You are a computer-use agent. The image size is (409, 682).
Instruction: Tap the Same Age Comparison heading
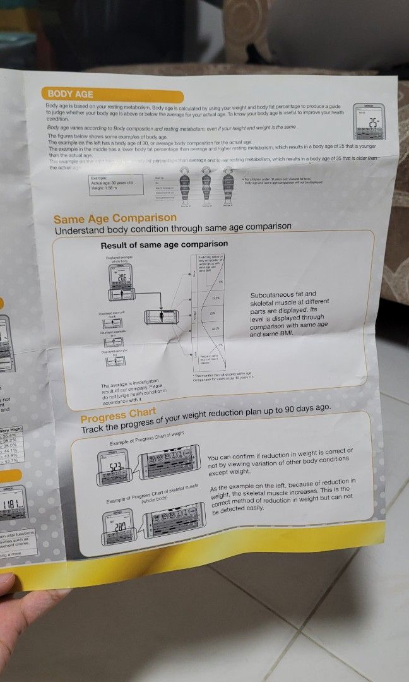[x=115, y=218]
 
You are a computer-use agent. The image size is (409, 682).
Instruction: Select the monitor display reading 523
[x=115, y=468]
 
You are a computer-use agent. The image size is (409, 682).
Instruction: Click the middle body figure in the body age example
[x=204, y=188]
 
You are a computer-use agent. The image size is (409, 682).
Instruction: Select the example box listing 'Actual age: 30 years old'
[x=114, y=182]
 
